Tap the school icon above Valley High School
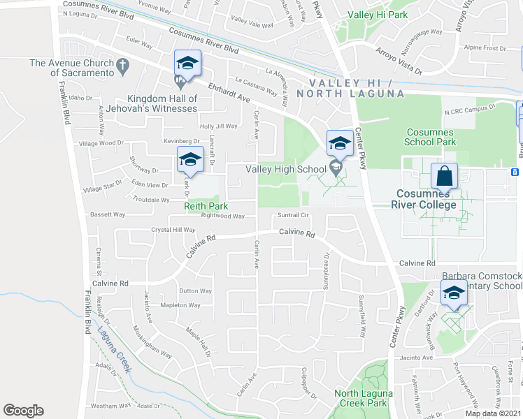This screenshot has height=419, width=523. (x=340, y=143)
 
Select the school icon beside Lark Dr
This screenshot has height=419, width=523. (x=189, y=160)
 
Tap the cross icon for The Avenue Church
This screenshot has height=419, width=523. (x=122, y=67)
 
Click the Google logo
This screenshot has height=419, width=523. (x=23, y=411)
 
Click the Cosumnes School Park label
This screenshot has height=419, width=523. (x=429, y=136)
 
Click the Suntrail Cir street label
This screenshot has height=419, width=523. (x=294, y=215)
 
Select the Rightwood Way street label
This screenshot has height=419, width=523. (x=222, y=216)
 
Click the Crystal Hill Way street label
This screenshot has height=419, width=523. (x=173, y=229)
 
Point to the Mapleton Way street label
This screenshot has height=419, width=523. (x=180, y=305)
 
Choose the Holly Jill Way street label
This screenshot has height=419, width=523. (x=219, y=126)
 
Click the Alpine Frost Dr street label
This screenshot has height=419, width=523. (x=485, y=48)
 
